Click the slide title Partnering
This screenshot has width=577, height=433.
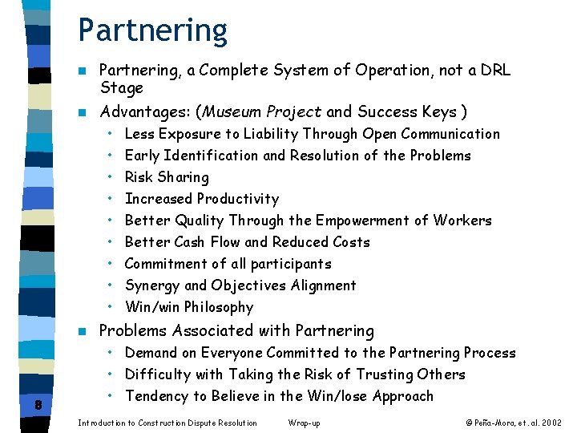152,30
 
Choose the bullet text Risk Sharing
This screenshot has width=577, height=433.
167,177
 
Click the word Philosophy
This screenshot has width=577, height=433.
218,307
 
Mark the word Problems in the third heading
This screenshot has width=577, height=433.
132,330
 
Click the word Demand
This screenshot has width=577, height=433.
151,353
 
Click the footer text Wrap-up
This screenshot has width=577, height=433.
303,423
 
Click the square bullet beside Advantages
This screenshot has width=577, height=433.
82,112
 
